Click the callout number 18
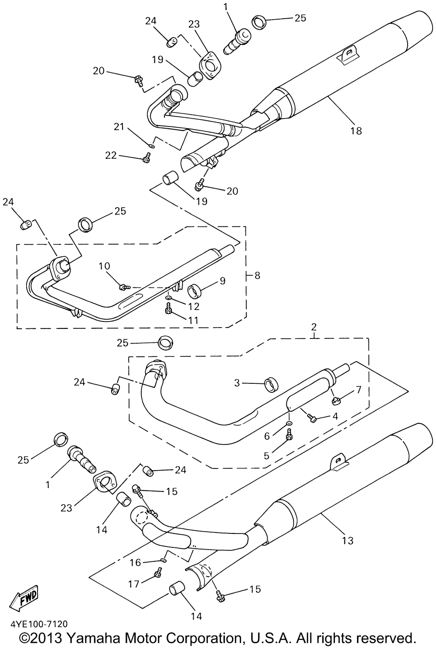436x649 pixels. click(356, 130)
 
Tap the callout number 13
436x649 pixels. click(347, 541)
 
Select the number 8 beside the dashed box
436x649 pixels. click(257, 276)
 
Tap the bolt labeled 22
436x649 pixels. click(146, 160)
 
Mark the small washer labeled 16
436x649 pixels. click(163, 559)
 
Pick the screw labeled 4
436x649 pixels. click(312, 418)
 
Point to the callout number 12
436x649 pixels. click(194, 306)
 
